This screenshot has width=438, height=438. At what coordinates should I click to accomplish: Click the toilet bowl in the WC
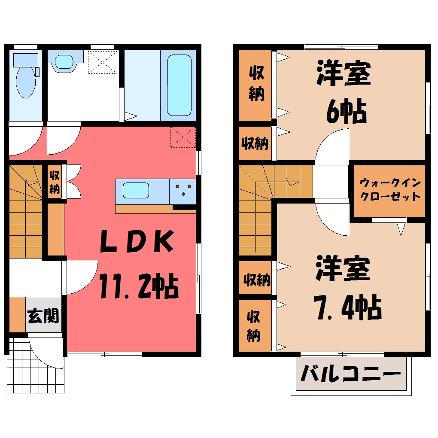pos(26,82)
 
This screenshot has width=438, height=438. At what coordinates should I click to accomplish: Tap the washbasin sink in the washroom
pos(64,61)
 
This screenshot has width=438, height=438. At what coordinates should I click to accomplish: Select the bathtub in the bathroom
pos(179,85)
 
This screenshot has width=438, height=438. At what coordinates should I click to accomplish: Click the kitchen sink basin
pos(136,190)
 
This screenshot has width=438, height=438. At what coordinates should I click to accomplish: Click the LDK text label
pos(137,241)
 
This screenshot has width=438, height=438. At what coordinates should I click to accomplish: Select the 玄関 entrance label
pos(43,316)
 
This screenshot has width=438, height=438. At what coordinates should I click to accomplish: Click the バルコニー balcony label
pos(351,374)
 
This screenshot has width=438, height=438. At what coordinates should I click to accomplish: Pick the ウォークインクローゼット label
pos(390,190)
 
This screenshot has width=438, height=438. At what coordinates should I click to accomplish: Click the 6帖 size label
pos(347,111)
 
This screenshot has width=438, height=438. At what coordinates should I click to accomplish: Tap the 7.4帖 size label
pos(347,307)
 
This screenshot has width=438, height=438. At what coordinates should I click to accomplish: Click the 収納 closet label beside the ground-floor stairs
pos(55,182)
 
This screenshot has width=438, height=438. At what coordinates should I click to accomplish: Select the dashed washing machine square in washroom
pos(103,62)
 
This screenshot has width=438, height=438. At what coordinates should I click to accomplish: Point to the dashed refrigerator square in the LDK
pos(183,137)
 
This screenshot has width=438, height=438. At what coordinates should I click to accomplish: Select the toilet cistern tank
pos(26,60)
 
